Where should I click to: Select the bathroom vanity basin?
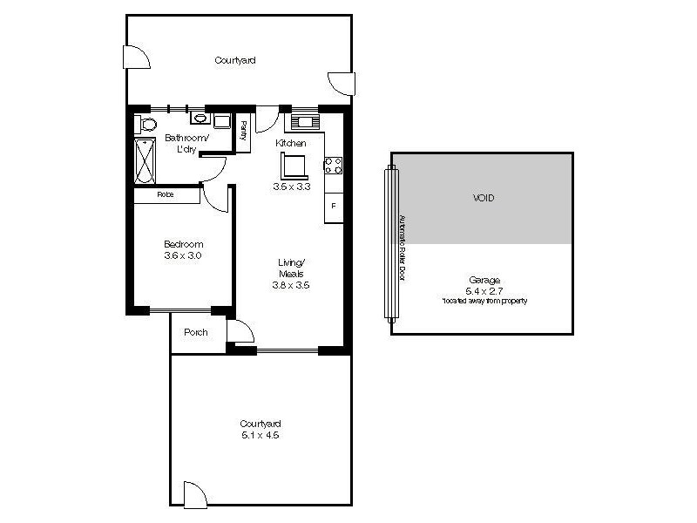(200, 119)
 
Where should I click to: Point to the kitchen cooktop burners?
(334, 164)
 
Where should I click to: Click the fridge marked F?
(334, 206)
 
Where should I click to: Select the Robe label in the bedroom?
(165, 195)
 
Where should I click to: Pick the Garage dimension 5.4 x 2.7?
(484, 290)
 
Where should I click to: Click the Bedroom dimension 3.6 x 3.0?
(183, 255)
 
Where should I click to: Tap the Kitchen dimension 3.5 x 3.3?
(291, 186)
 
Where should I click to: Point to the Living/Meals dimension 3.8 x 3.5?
(291, 284)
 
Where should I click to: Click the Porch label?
(195, 332)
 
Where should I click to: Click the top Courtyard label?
(235, 61)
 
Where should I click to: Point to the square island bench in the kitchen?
(293, 163)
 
